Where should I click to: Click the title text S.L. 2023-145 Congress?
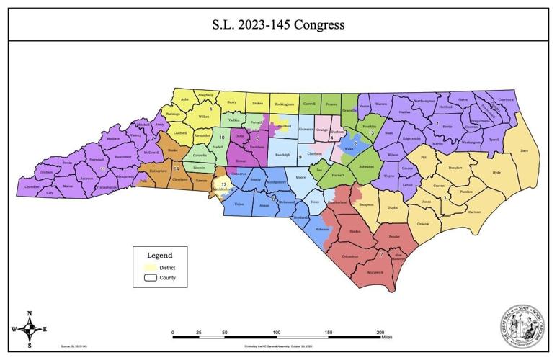pos(278,25)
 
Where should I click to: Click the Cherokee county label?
pos(32,186)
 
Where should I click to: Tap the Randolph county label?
pos(283,155)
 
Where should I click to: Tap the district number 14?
pos(176,168)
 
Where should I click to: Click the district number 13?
pos(371,133)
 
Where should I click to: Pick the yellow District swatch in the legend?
pos(150,267)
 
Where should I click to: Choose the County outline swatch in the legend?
pos(150,277)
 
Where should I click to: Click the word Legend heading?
pos(159,255)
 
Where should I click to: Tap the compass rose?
pos(29,329)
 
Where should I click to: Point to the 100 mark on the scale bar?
pos(276,332)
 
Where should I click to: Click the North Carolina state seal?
pos(522,325)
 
